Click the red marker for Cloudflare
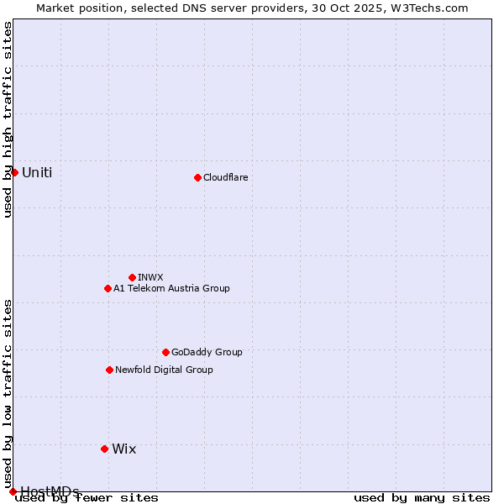coord(197,177)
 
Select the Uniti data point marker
coord(14,172)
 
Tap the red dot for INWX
coord(132,277)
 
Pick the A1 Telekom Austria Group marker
coord(108,288)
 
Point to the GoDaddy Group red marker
coord(165,352)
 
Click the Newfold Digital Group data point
coord(109,370)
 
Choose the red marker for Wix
coord(104,449)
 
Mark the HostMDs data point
coord(13,491)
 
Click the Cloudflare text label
coord(225,177)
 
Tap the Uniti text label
coord(37,173)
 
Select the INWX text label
coord(150,277)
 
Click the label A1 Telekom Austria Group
coord(171,288)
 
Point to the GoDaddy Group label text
coord(207,352)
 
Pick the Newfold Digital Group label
coord(164,370)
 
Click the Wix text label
coord(123,449)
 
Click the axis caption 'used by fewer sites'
coord(87,497)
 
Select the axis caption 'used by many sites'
coord(422,497)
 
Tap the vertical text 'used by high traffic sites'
coord(8,119)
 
